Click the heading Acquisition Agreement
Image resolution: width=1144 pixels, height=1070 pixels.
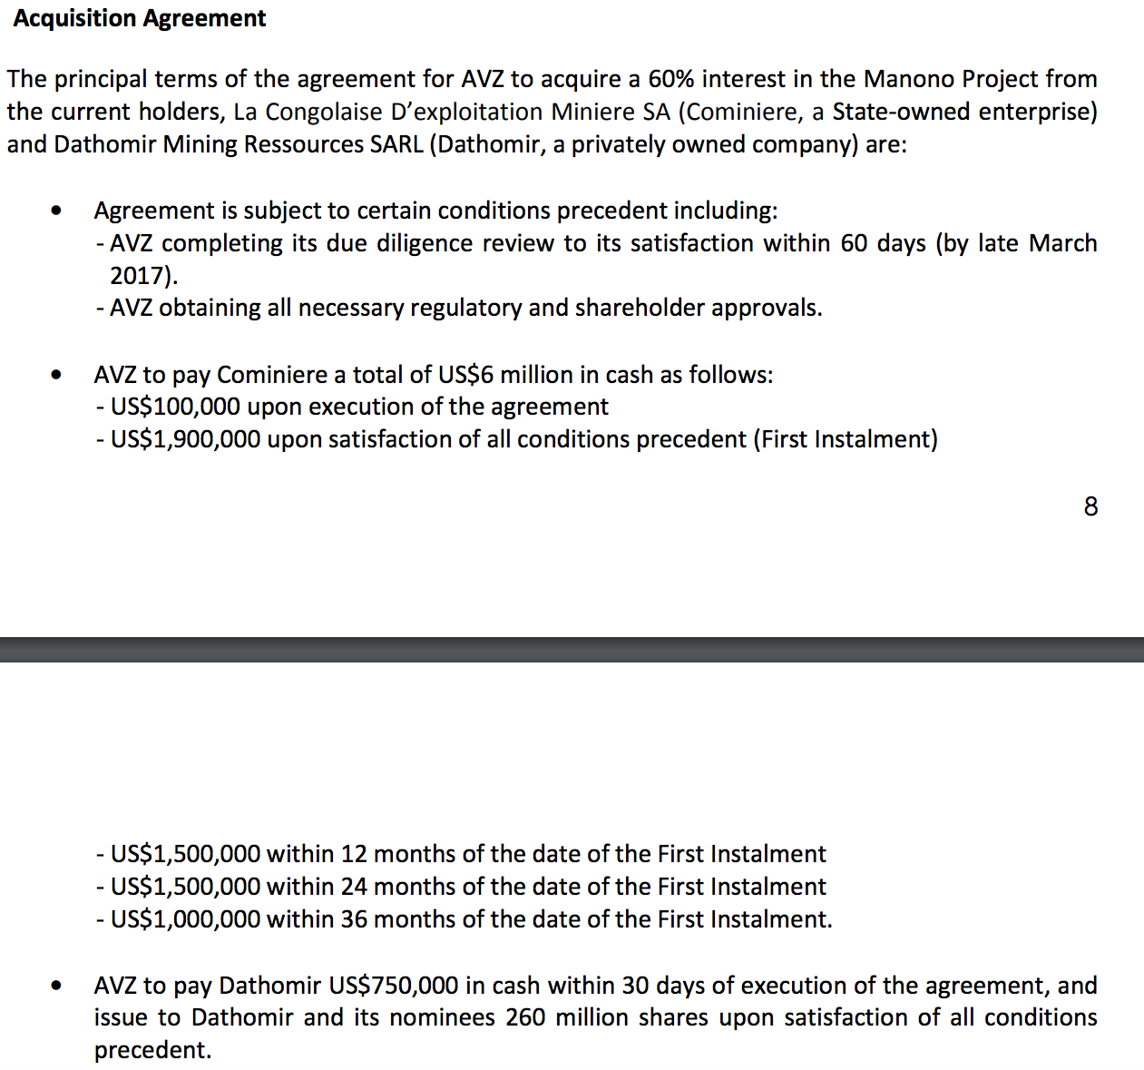(140, 18)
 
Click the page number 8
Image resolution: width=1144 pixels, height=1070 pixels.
(1090, 506)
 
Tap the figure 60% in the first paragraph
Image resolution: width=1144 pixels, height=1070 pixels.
(670, 79)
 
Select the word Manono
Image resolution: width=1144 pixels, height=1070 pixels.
(908, 79)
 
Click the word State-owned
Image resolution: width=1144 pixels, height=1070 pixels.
(901, 112)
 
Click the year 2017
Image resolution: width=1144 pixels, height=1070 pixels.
(140, 275)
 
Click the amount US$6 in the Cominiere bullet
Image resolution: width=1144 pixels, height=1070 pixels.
(464, 375)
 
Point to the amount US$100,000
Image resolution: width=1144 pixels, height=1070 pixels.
(176, 407)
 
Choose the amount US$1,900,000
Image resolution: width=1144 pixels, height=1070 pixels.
(185, 439)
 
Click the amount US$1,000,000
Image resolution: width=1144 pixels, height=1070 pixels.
(185, 919)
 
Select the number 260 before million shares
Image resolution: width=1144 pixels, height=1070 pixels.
(525, 1017)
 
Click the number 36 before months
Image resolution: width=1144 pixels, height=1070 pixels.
(354, 919)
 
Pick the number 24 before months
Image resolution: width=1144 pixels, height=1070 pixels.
(354, 887)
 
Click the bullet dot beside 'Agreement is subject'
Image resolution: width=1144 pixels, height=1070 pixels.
(57, 211)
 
